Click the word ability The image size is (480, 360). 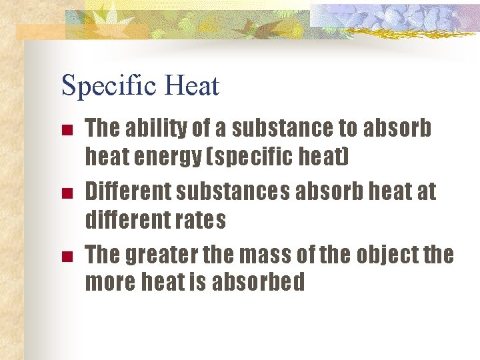153,128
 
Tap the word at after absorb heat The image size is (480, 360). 425,191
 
